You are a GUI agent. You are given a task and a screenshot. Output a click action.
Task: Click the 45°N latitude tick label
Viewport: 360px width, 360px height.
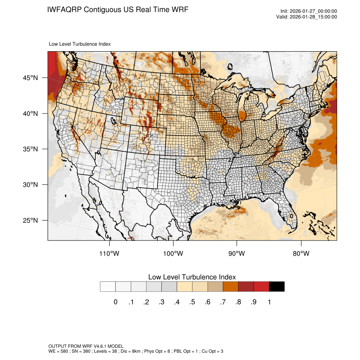pos(30,78)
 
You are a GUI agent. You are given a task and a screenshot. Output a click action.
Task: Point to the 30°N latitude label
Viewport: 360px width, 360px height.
pos(30,185)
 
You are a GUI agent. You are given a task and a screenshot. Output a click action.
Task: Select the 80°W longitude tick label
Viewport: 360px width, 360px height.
pos(301,254)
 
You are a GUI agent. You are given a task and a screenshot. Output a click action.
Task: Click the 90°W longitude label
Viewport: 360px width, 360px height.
pos(237,254)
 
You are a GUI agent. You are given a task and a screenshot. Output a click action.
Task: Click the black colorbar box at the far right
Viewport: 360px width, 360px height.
pos(277,287)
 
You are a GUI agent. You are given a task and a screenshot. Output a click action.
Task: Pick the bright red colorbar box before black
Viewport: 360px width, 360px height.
pos(261,287)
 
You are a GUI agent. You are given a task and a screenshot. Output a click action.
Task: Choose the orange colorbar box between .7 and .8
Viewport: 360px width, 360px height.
pos(230,287)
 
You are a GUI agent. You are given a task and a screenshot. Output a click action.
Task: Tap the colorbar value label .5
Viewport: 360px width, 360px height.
pos(192,302)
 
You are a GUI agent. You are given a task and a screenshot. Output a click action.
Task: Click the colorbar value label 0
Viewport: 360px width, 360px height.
pos(115,302)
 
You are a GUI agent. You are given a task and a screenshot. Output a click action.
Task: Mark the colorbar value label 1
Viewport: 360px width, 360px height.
pos(269,302)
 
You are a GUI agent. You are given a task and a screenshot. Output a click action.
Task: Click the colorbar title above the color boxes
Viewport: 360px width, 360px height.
pos(192,277)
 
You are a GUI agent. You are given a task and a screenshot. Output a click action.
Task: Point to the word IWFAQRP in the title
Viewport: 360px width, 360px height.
pos(65,9)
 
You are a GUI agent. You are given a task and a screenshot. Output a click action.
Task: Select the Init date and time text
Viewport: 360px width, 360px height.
pos(309,11)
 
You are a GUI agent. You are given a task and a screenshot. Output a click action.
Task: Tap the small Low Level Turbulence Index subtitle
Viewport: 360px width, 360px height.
pos(80,44)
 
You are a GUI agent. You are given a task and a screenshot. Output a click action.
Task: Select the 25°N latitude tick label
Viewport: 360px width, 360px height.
pos(30,220)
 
